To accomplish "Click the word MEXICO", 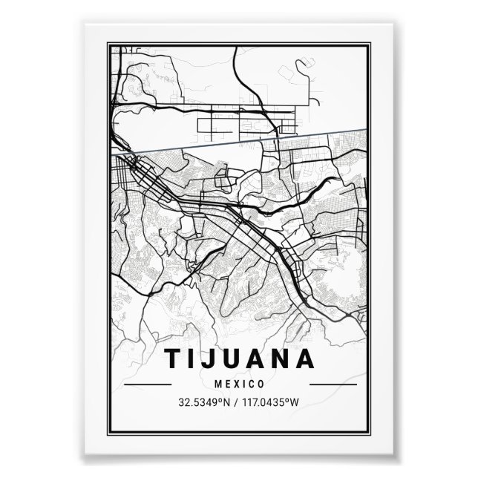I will [x=239, y=384].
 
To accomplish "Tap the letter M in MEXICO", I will [x=216, y=384].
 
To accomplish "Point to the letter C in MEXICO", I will [x=251, y=384].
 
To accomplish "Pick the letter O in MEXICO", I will [x=261, y=384].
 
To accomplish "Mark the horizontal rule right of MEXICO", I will [x=332, y=385].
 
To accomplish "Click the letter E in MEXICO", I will [x=226, y=384].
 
